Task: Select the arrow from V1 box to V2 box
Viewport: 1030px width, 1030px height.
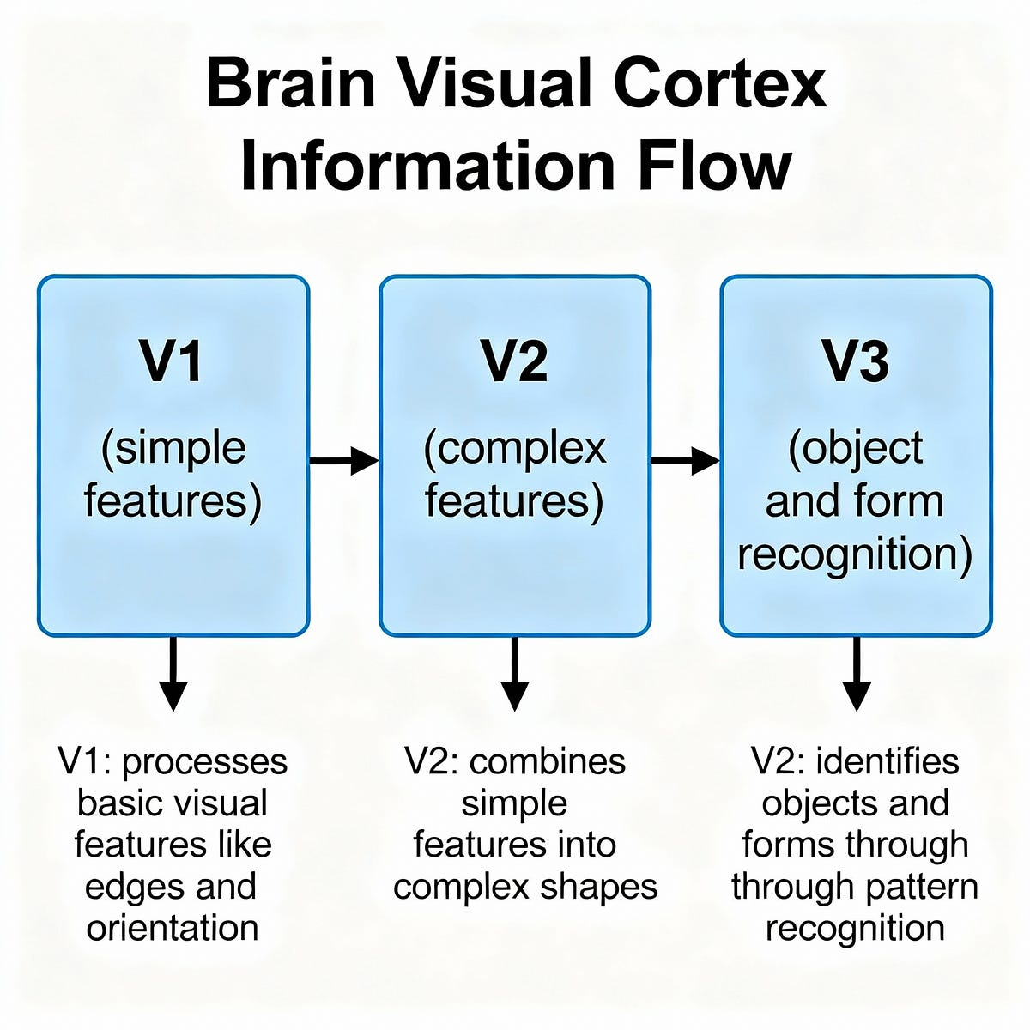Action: pos(343,461)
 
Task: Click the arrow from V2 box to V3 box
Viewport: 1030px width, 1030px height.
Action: pos(685,461)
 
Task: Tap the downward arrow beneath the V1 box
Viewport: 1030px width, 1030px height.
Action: pos(173,674)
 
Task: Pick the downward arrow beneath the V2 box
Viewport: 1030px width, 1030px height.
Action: pos(514,674)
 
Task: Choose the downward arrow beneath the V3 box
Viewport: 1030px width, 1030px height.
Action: pos(856,674)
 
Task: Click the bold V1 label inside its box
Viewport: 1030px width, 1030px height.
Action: pos(173,361)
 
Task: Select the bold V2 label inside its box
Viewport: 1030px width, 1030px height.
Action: pos(514,361)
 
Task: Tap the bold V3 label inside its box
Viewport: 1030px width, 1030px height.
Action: pos(856,361)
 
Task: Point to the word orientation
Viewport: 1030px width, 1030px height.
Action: pos(173,928)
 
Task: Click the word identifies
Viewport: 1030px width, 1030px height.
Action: pos(887,761)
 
